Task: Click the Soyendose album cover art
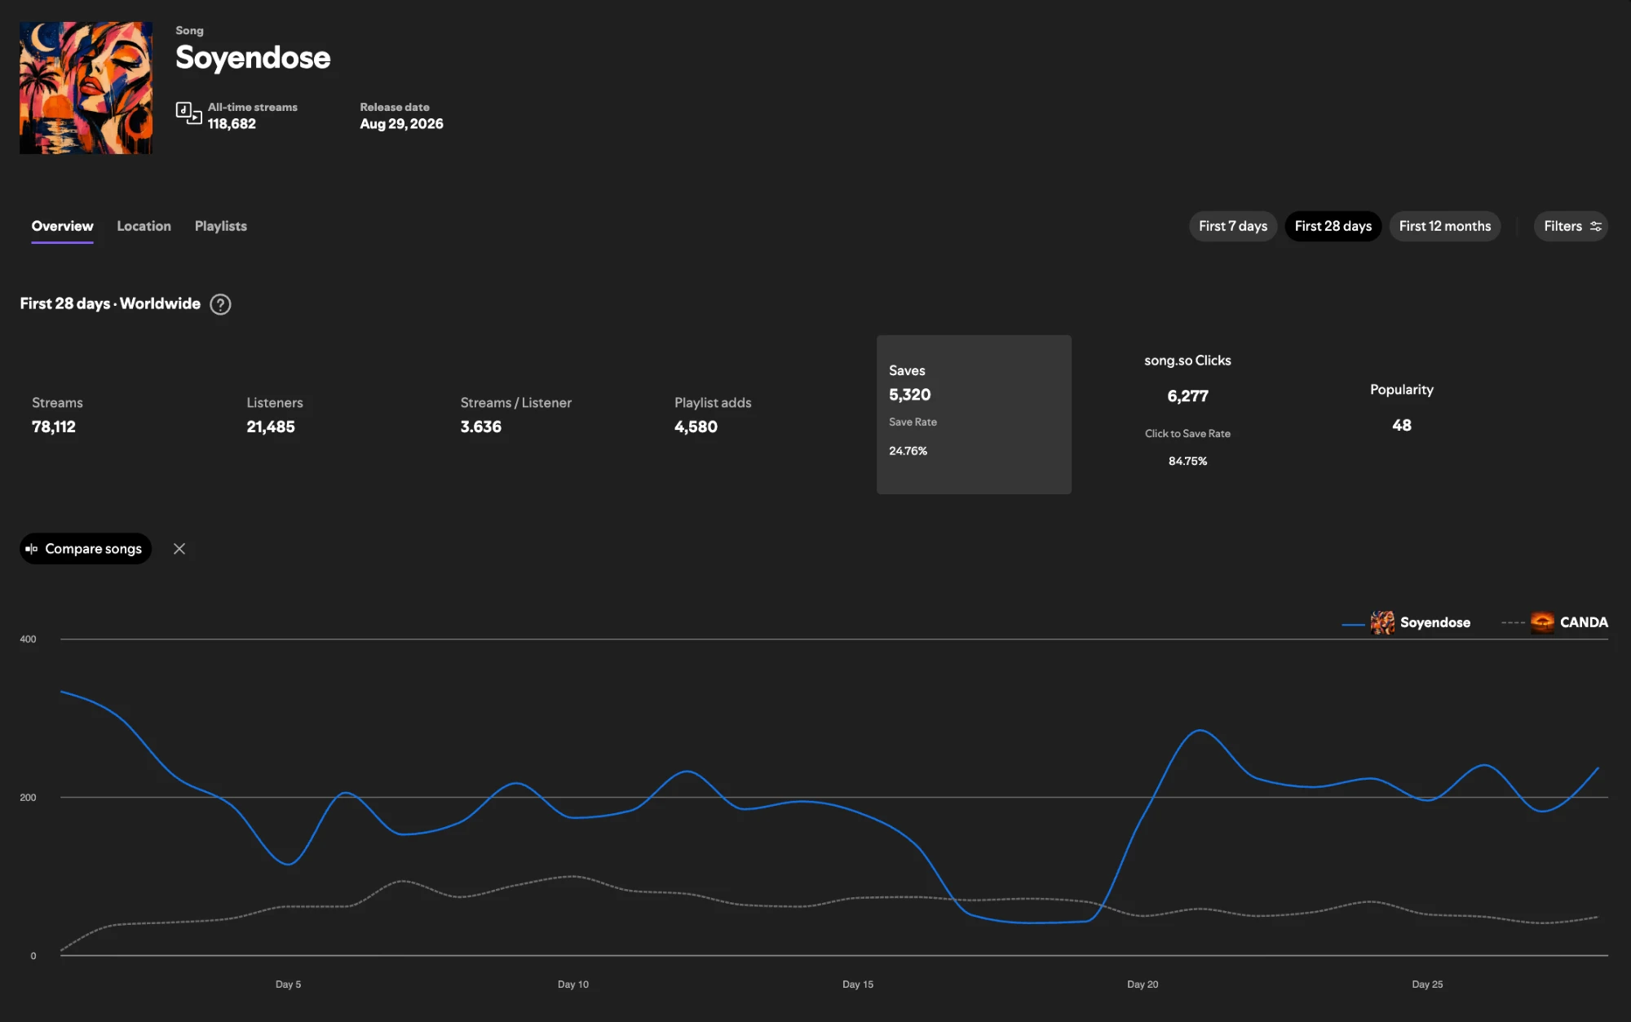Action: [x=86, y=88]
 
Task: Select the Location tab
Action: [x=144, y=226]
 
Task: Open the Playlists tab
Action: [x=220, y=226]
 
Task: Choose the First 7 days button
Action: [x=1232, y=226]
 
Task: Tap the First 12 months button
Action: [x=1444, y=226]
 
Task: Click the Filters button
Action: [x=1571, y=226]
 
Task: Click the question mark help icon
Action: [x=220, y=304]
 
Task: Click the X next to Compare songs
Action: [x=179, y=549]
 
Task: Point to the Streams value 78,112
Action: [x=54, y=427]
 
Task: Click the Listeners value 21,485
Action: [x=271, y=427]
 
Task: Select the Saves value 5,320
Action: [x=909, y=395]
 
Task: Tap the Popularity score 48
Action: [x=1402, y=425]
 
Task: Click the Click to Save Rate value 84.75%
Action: [x=1187, y=461]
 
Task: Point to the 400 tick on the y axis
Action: [x=28, y=639]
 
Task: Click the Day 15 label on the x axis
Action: [x=858, y=984]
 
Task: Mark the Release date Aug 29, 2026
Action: [x=401, y=124]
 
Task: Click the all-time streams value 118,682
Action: [x=232, y=124]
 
